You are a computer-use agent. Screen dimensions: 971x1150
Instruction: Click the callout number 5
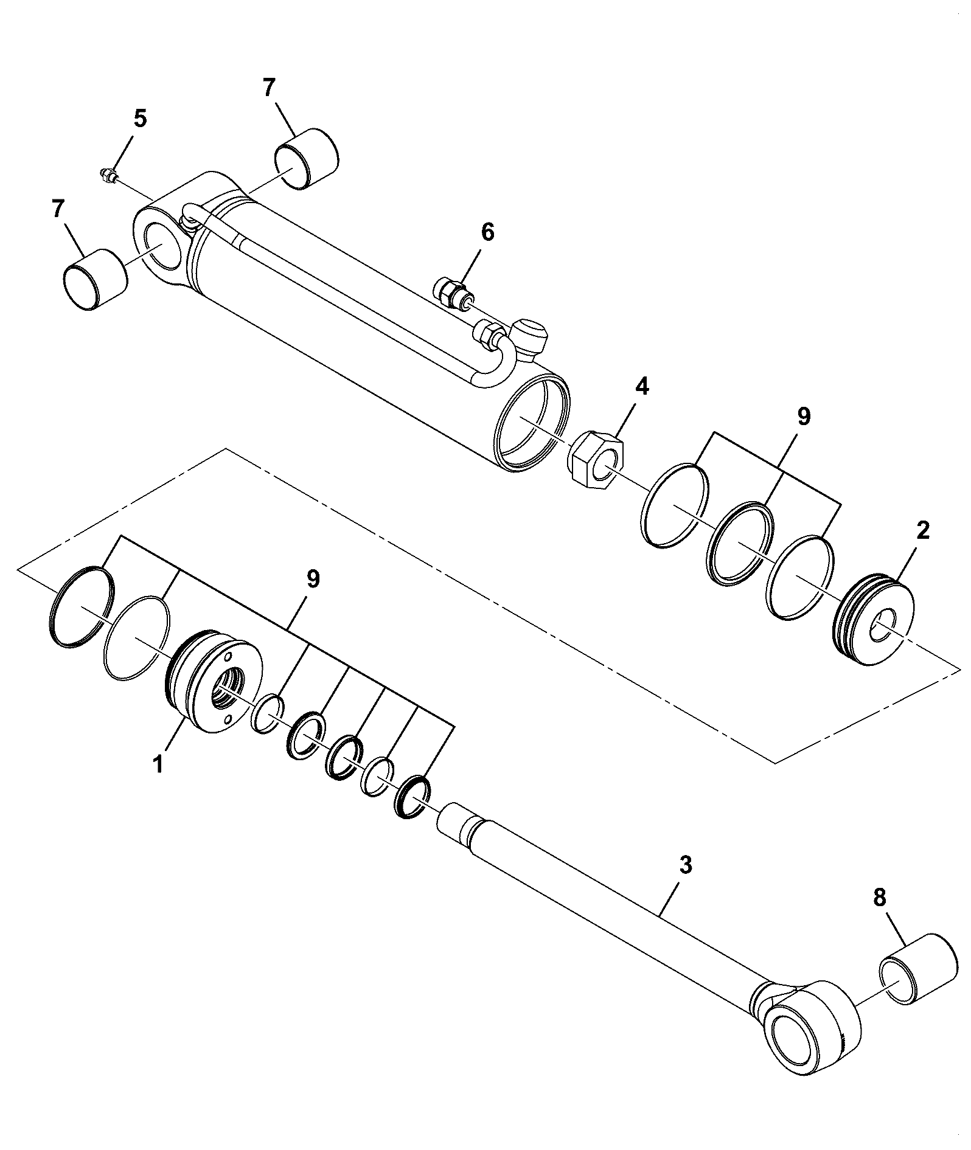(x=140, y=119)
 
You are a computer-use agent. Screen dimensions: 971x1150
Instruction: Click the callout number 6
(x=487, y=233)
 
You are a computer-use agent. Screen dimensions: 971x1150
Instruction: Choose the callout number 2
(x=923, y=532)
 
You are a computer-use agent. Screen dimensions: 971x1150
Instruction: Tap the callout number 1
(x=158, y=763)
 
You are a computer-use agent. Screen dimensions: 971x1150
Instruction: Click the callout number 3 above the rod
(x=686, y=865)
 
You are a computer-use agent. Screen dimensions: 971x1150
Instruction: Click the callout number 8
(x=880, y=898)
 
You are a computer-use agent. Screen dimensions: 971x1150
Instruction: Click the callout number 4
(x=642, y=387)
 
